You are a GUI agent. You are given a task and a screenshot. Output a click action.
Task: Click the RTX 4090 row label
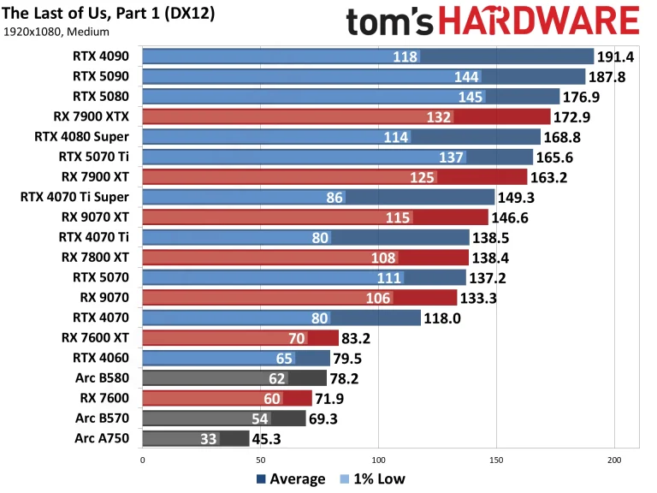[104, 57]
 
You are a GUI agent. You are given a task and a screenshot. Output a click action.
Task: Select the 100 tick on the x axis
[378, 460]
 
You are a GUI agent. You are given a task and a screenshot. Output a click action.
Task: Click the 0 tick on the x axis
[142, 460]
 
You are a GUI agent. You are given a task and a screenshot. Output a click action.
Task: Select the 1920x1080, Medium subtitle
[56, 33]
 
